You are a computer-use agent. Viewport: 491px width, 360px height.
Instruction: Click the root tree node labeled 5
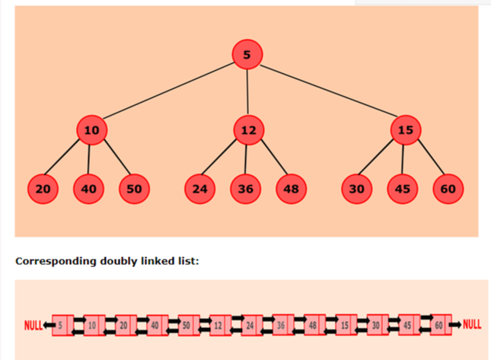pyautogui.click(x=247, y=54)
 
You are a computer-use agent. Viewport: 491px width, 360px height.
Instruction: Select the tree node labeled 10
pyautogui.click(x=91, y=130)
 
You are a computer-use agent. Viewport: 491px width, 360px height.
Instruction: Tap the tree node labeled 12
pyautogui.click(x=248, y=130)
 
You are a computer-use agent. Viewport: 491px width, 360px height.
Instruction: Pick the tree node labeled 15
pyautogui.click(x=405, y=130)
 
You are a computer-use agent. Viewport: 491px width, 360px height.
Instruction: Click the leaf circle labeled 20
pyautogui.click(x=43, y=189)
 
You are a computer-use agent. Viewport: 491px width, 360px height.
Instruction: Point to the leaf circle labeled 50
pyautogui.click(x=134, y=189)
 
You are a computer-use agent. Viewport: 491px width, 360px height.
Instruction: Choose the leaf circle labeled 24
pyautogui.click(x=199, y=189)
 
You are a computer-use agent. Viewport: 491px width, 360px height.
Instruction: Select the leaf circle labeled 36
pyautogui.click(x=245, y=189)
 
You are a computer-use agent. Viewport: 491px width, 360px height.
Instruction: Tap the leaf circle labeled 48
pyautogui.click(x=291, y=189)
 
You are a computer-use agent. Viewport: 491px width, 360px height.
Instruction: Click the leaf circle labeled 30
pyautogui.click(x=357, y=189)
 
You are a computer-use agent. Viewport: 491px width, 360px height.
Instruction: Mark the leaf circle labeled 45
pyautogui.click(x=403, y=189)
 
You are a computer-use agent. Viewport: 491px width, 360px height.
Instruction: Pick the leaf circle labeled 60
pyautogui.click(x=448, y=189)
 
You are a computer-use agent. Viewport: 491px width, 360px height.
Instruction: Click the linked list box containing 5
pyautogui.click(x=61, y=325)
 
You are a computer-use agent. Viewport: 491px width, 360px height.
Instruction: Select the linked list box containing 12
pyautogui.click(x=218, y=325)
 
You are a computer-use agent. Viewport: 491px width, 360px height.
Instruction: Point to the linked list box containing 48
pyautogui.click(x=312, y=325)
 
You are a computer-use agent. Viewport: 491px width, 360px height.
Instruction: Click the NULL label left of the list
pyautogui.click(x=33, y=325)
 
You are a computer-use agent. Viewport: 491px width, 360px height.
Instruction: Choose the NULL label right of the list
pyautogui.click(x=472, y=325)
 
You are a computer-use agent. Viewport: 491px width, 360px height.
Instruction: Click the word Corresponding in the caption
pyautogui.click(x=56, y=262)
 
